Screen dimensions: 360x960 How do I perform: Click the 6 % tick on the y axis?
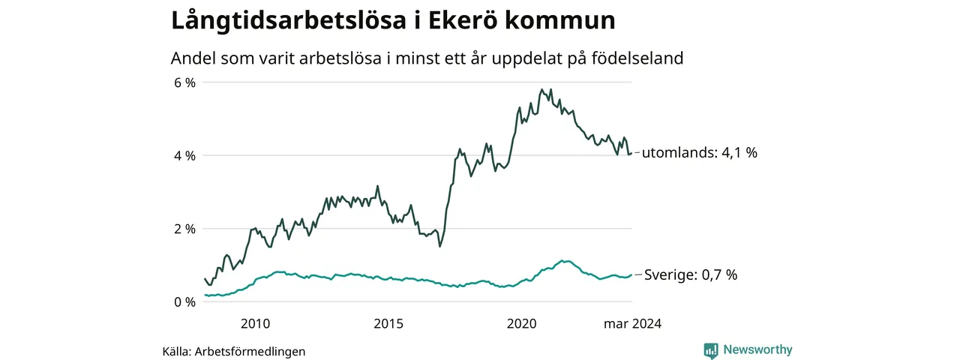184,82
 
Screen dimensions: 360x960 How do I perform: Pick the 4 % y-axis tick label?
184,156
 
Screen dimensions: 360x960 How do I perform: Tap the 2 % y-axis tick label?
184,229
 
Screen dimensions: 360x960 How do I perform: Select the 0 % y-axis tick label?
184,302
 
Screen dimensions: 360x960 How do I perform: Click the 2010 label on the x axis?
255,324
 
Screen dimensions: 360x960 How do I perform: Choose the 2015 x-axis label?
388,324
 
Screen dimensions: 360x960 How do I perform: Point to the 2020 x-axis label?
522,324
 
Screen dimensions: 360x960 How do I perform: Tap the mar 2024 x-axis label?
633,324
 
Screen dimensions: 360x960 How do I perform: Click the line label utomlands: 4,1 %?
700,153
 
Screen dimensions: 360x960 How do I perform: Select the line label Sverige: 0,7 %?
691,275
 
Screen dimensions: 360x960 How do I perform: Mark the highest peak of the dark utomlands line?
542,89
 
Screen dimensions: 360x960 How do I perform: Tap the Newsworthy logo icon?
711,350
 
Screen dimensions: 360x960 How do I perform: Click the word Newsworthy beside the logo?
757,349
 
